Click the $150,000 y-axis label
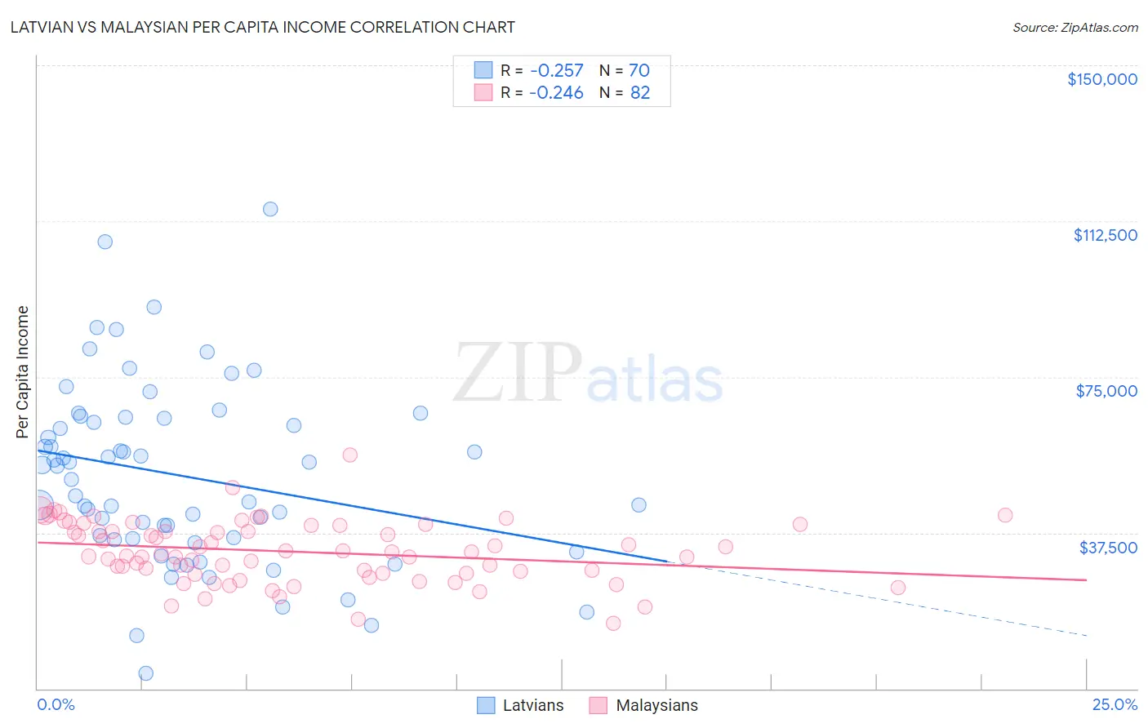coord(1101,79)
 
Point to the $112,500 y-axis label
coord(1105,235)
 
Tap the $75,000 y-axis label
coord(1106,391)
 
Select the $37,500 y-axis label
coord(1107,547)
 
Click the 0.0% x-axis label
coord(56,704)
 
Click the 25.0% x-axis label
coord(1114,704)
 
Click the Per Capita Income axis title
coord(23,371)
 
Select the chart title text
coord(262,27)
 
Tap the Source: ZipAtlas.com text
coord(1075,27)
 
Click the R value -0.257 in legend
coord(556,71)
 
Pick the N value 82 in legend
coord(640,92)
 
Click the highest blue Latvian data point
coord(270,209)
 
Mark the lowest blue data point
coord(146,673)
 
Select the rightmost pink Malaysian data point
coord(1005,515)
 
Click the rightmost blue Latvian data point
coord(639,505)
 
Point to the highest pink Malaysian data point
coord(350,455)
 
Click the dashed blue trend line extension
coord(898,602)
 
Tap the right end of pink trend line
coord(1086,579)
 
